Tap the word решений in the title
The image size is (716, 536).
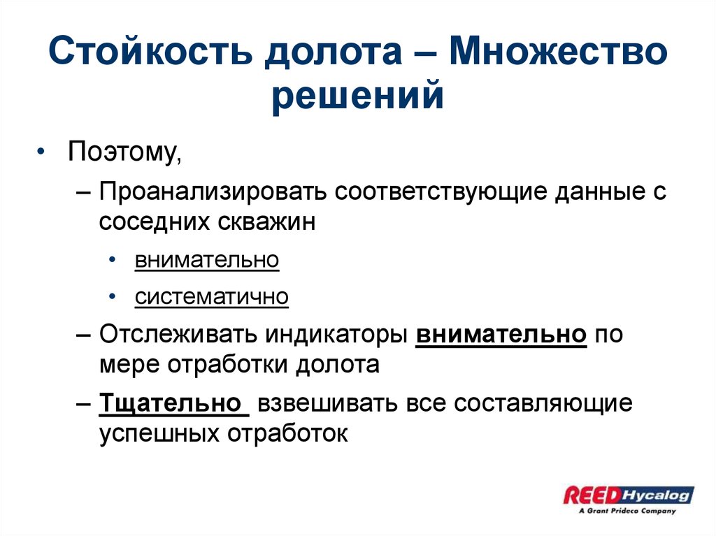pyautogui.click(x=357, y=96)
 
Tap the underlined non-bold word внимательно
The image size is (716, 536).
pyautogui.click(x=207, y=260)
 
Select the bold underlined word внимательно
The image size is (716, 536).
pyautogui.click(x=501, y=334)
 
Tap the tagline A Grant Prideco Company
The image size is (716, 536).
pyautogui.click(x=627, y=511)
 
